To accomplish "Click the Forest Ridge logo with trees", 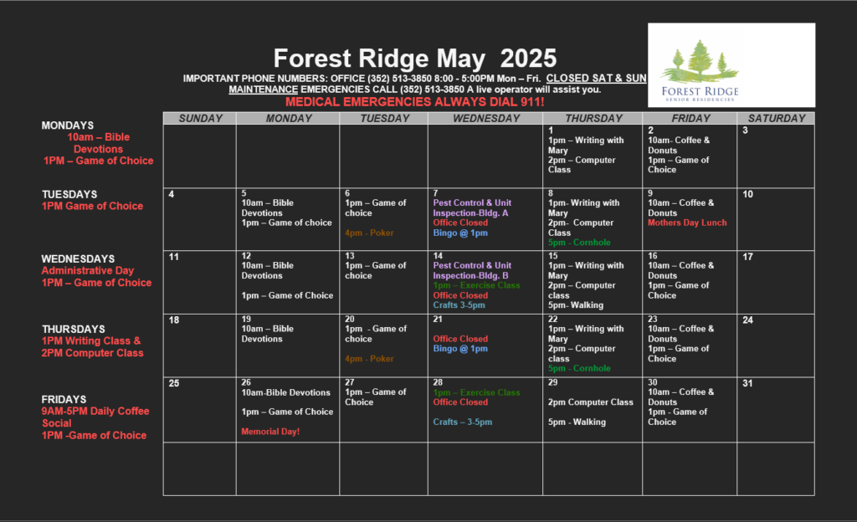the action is tap(731, 65).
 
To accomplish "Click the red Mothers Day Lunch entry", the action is tap(687, 223).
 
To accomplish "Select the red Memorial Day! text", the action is tap(270, 432).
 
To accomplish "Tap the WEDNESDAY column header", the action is tap(486, 119).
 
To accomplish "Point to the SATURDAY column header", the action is tap(777, 119).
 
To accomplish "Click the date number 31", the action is tap(747, 383).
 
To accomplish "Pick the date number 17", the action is tap(747, 257).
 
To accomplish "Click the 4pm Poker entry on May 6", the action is tap(369, 233).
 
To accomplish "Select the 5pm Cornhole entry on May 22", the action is tap(579, 369).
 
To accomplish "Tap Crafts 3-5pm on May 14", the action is tap(459, 305).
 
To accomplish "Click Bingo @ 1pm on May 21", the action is tap(460, 348).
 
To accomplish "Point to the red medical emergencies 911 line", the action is tap(414, 102).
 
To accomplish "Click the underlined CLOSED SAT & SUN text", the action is tap(596, 79).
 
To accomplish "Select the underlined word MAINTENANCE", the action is tap(263, 90).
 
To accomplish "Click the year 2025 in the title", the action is tap(528, 59).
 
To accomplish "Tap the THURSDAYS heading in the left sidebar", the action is tap(74, 330).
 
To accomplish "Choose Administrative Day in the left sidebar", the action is tap(87, 271).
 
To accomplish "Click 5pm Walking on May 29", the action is tap(577, 422).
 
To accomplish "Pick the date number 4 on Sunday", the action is tap(171, 194).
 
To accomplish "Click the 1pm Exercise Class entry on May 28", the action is tap(476, 392).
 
